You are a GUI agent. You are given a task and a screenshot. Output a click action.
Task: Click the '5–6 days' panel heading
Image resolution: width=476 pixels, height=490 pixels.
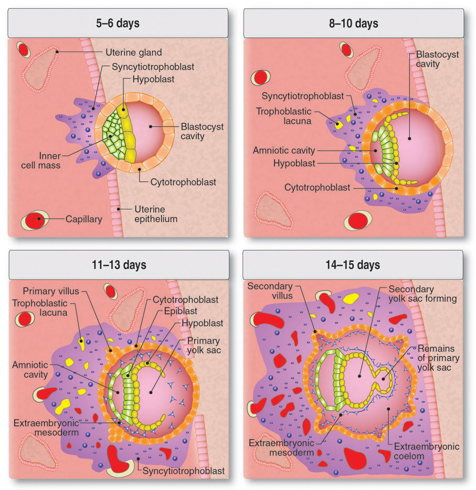[118, 24]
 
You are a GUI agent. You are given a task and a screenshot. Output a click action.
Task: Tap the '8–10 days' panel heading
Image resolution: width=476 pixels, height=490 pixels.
[354, 24]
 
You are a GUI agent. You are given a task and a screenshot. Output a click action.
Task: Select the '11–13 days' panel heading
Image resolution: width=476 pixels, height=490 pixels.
[118, 264]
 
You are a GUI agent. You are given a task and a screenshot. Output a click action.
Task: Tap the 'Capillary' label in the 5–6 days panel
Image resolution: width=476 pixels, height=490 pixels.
[83, 219]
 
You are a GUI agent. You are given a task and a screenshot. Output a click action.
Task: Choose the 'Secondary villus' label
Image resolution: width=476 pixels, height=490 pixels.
[267, 292]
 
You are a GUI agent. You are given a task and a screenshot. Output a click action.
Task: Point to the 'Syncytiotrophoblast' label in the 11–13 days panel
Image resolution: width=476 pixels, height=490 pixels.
[184, 471]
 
